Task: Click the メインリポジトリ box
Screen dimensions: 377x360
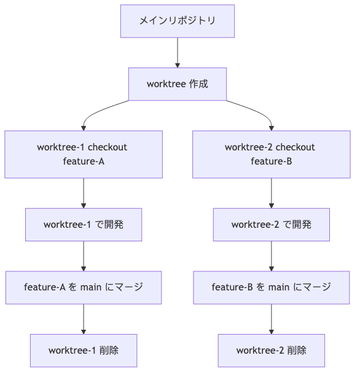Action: coord(178,21)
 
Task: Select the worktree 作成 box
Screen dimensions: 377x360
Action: coord(178,84)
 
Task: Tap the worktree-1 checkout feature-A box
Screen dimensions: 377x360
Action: coord(84,154)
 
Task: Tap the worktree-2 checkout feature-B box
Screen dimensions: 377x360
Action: coord(271,154)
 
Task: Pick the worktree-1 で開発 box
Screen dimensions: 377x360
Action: coord(84,225)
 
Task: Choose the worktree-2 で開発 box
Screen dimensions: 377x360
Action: coord(271,225)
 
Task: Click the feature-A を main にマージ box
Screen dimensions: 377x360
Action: coord(84,287)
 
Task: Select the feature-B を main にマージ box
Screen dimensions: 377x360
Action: coord(271,287)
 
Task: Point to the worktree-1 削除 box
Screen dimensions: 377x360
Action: coord(84,351)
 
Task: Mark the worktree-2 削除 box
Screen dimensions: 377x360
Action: coord(271,351)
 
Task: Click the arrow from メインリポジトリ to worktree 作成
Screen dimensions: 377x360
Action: coord(178,52)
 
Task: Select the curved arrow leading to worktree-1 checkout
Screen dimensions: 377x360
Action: coord(98,111)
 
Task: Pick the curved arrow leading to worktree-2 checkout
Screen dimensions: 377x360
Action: coord(257,111)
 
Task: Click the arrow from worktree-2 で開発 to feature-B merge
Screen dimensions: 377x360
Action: coord(271,256)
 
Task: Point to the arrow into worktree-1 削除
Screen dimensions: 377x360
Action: coord(84,319)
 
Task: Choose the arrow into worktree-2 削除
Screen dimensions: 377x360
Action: coord(271,319)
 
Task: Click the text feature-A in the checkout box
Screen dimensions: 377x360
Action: coord(84,161)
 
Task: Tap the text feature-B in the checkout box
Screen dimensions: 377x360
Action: coord(271,161)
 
